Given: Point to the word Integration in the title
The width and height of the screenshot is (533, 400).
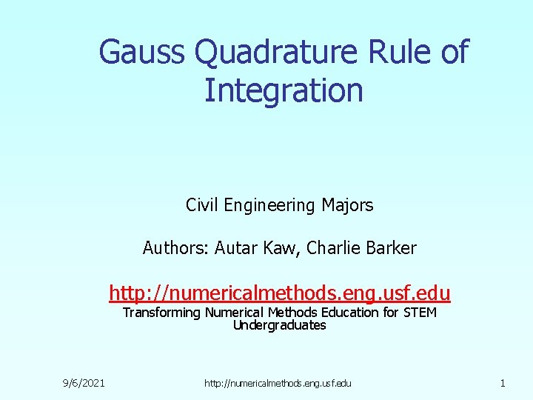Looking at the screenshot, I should click(x=284, y=90).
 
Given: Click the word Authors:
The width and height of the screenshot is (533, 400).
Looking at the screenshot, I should click(x=175, y=248).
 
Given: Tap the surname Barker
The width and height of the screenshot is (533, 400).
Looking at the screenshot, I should click(x=391, y=248).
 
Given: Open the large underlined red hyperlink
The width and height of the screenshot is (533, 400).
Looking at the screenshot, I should click(x=280, y=292).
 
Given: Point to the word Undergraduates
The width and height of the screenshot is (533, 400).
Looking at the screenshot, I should click(x=280, y=325).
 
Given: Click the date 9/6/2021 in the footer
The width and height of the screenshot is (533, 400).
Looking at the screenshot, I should click(x=83, y=383).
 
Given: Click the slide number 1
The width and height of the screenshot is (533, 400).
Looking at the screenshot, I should click(x=503, y=383).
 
